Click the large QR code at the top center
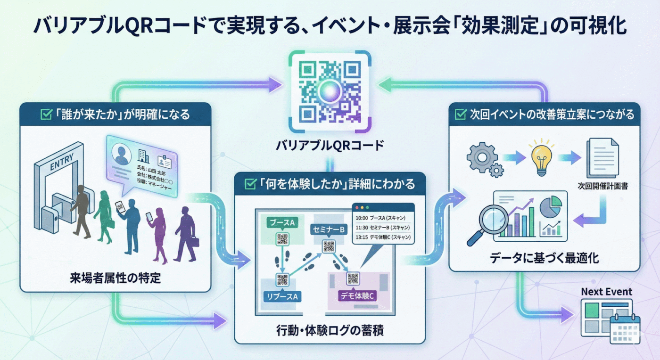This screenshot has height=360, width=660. [x=330, y=91]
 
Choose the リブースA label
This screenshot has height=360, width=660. [x=282, y=296]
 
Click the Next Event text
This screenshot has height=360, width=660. [x=606, y=292]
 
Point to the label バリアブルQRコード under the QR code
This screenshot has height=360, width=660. [x=330, y=145]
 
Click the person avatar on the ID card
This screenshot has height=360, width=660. [x=122, y=154]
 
